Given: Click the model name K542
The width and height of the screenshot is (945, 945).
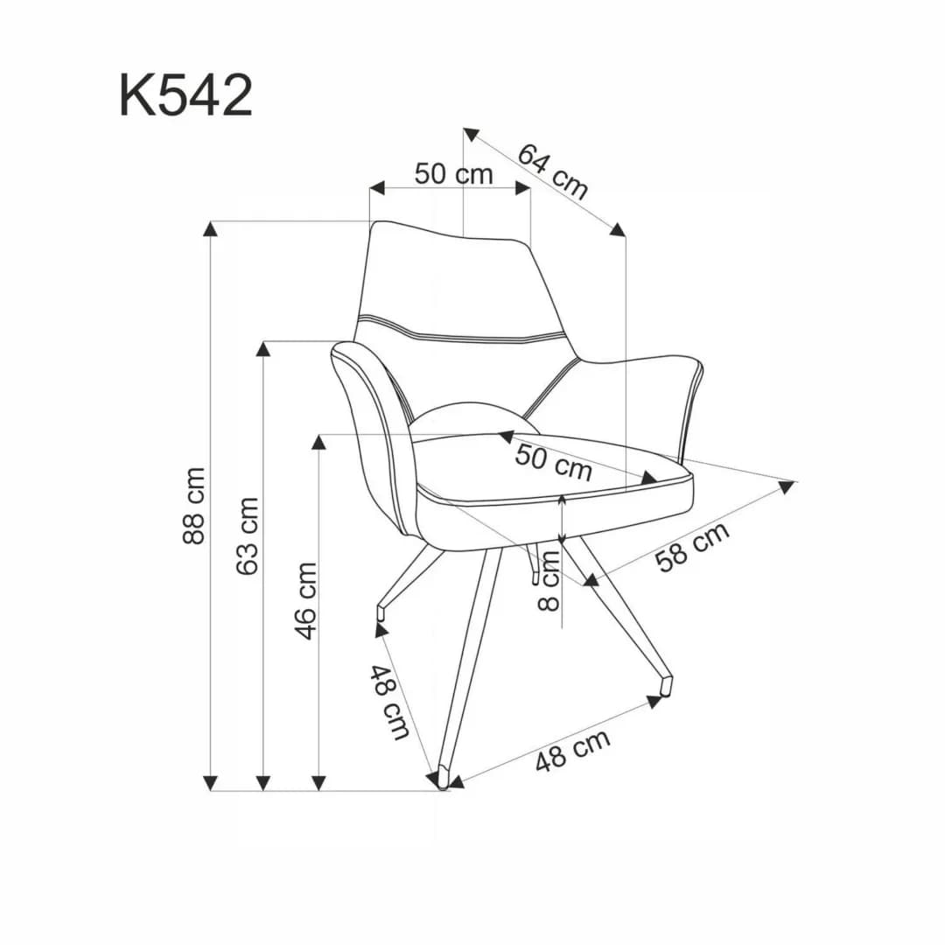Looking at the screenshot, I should (185, 95).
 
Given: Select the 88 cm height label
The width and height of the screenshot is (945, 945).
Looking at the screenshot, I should (194, 506).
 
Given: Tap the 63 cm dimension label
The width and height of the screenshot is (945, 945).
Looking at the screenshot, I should (248, 535).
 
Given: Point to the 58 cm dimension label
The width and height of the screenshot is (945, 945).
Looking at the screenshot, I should (693, 548).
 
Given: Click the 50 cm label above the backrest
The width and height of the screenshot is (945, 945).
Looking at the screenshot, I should (453, 173).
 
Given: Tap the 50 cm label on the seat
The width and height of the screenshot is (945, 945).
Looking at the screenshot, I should (553, 461).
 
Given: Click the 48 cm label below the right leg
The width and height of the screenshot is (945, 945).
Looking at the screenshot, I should (573, 751).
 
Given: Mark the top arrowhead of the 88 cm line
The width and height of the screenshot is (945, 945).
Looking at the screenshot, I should (210, 229).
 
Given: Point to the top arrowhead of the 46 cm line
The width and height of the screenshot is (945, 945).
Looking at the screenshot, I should (319, 443).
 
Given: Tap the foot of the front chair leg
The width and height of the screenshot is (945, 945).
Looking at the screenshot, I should (444, 779).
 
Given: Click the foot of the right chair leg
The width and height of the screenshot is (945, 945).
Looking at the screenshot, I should (667, 686).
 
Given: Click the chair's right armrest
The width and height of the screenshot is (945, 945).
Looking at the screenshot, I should (665, 385).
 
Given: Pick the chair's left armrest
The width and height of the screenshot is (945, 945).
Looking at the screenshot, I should (367, 402).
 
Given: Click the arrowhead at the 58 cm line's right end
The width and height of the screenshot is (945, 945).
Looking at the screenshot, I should (787, 486).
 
